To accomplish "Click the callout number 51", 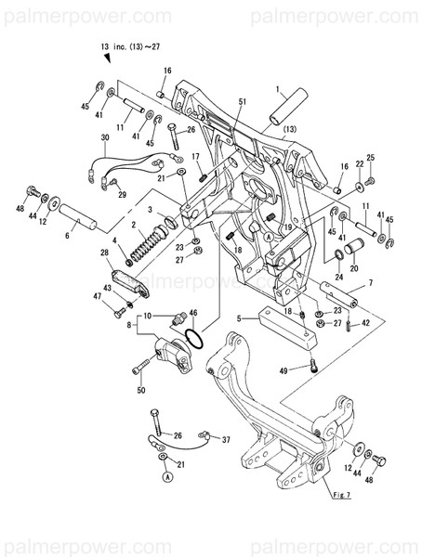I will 242,101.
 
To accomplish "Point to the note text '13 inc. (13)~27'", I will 130,45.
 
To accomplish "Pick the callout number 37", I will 225,442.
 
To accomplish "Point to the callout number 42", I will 365,323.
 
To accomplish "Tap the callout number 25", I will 369,158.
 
